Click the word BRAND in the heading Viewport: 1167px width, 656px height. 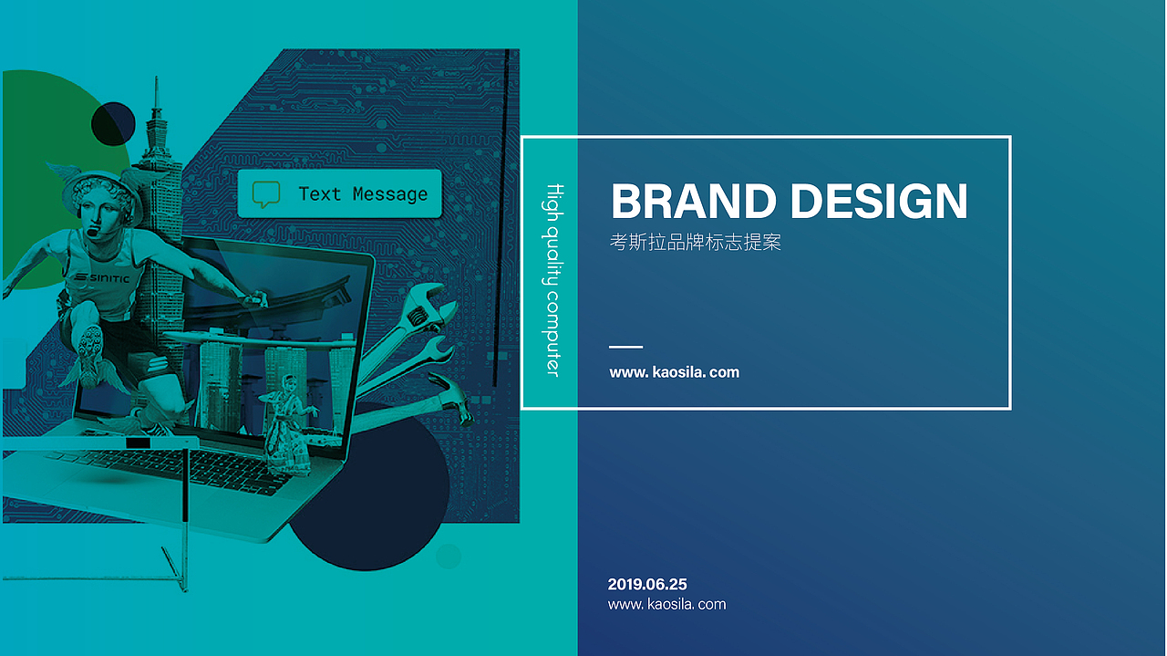tap(694, 202)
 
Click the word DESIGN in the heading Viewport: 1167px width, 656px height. tap(879, 202)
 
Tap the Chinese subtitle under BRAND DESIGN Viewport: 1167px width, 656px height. tap(695, 242)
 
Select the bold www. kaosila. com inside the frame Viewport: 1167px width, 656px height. tap(674, 372)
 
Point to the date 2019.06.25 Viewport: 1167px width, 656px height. tap(647, 584)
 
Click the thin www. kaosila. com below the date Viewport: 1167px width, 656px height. tap(666, 604)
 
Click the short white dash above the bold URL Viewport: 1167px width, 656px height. tap(625, 347)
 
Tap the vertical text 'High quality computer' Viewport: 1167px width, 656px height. tap(553, 280)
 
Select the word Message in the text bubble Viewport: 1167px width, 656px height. tap(389, 194)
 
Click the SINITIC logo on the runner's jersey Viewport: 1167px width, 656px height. tap(101, 278)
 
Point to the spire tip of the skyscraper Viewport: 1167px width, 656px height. tap(156, 78)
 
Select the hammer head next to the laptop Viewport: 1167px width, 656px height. tap(452, 399)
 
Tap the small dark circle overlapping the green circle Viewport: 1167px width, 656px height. tap(113, 124)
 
